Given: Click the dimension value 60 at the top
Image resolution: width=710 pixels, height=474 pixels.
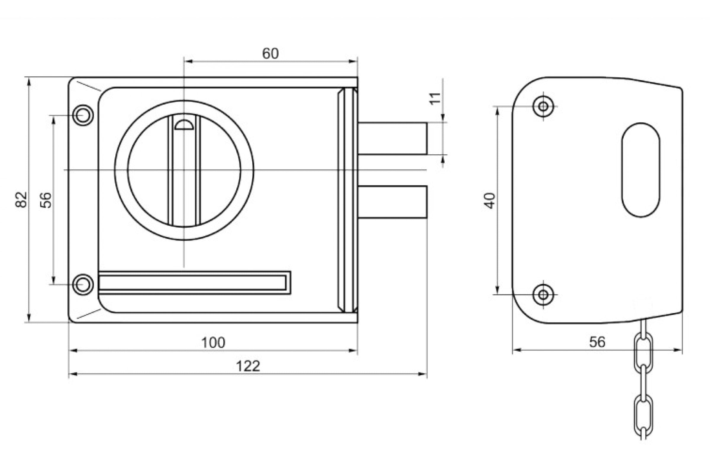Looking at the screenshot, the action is (x=270, y=54).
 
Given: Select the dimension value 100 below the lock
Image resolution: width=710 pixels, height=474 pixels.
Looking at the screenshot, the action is (x=213, y=342).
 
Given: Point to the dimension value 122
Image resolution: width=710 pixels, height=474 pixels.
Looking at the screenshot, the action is (x=248, y=366).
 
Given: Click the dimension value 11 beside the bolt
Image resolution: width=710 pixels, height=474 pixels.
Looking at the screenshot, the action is (x=435, y=98).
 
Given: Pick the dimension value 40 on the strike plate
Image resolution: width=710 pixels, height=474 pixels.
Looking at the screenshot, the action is (x=490, y=201).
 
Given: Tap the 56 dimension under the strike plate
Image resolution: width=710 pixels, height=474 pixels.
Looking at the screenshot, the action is (x=597, y=342).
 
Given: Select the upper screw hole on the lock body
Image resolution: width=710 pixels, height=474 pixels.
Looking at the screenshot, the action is (x=83, y=115).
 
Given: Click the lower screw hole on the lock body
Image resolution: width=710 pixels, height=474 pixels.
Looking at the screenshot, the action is (x=83, y=284).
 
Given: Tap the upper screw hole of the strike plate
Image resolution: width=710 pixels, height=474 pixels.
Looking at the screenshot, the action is (x=543, y=106).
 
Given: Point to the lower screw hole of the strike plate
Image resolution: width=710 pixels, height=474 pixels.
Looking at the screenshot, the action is (x=543, y=294).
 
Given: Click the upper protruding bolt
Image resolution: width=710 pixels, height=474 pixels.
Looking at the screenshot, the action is (x=393, y=138).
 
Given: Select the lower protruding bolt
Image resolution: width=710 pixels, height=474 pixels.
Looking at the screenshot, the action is (x=393, y=202).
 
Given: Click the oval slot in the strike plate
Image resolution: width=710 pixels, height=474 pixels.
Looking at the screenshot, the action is (x=640, y=170).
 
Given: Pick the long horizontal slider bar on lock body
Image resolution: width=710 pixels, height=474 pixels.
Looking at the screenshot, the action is (x=194, y=283).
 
